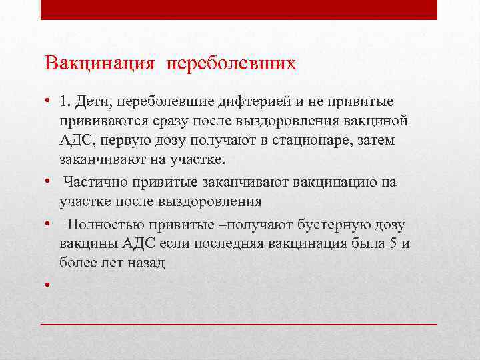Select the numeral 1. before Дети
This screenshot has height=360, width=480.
pyautogui.click(x=64, y=101)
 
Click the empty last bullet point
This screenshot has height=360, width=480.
pyautogui.click(x=49, y=285)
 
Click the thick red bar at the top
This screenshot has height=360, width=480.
pyautogui.click(x=239, y=9)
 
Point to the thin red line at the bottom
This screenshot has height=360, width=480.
pyautogui.click(x=239, y=323)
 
